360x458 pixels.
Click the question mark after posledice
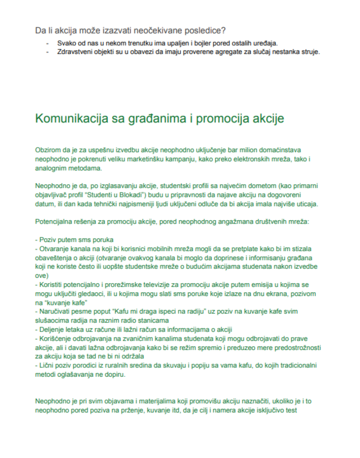(x=224, y=31)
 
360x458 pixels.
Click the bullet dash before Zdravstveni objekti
(x=47, y=52)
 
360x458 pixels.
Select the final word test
(x=291, y=411)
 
